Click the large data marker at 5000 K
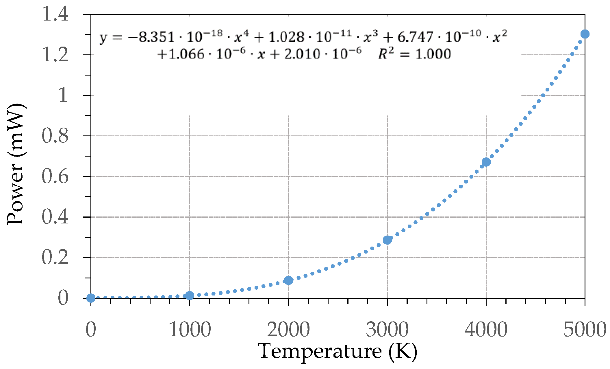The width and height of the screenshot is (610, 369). click(x=585, y=34)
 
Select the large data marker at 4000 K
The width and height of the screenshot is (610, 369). click(x=486, y=162)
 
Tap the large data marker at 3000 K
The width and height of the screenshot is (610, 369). click(x=387, y=240)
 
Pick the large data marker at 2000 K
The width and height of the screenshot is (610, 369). click(x=288, y=280)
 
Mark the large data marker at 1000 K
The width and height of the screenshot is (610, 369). click(x=190, y=295)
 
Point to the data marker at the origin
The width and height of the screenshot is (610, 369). click(x=91, y=298)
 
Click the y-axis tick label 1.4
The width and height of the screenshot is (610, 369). click(x=55, y=14)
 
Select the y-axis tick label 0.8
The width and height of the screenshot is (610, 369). click(x=55, y=136)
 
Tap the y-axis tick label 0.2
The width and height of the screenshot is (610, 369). click(x=55, y=257)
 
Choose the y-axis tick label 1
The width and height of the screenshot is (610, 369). click(x=63, y=95)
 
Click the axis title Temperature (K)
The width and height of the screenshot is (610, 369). click(x=338, y=351)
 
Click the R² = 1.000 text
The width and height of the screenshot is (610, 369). click(x=414, y=54)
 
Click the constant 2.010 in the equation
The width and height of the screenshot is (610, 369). click(x=302, y=54)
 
